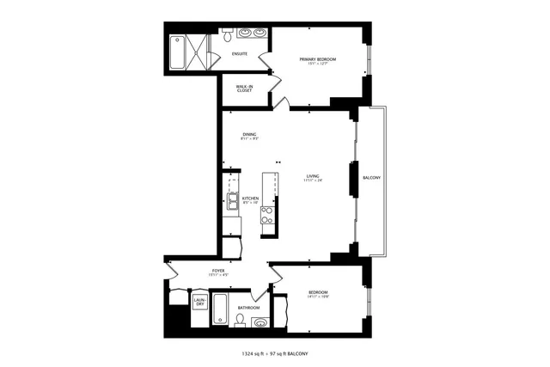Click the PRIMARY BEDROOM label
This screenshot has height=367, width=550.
pyautogui.click(x=317, y=59)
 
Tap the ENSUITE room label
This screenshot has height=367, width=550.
pyautogui.click(x=240, y=54)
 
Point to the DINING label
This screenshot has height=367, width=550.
pyautogui.click(x=249, y=134)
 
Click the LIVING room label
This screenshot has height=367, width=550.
pyautogui.click(x=312, y=177)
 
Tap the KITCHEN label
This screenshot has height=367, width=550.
pyautogui.click(x=250, y=198)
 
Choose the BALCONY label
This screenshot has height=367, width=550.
pyautogui.click(x=371, y=178)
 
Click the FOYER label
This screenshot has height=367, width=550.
pyautogui.click(x=218, y=271)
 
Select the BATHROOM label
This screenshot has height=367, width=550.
pyautogui.click(x=249, y=307)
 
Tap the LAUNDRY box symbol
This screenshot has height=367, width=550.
pyautogui.click(x=199, y=302)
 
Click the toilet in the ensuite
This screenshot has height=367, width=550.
pyautogui.click(x=227, y=36)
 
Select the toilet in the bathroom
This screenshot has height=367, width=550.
pyautogui.click(x=240, y=321)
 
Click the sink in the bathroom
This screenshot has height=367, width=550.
pyautogui.click(x=260, y=322)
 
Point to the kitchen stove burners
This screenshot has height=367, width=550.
pyautogui.click(x=267, y=215)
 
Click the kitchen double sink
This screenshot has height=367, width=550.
pyautogui.click(x=233, y=202)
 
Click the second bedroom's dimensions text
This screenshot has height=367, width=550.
pyautogui.click(x=318, y=297)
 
